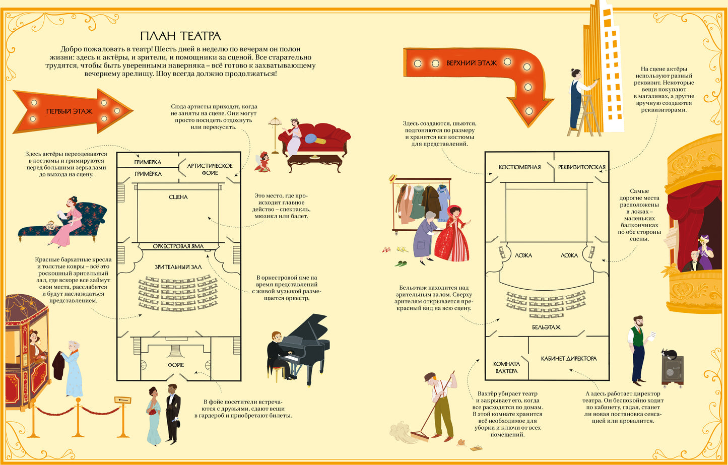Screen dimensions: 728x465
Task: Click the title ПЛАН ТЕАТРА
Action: click(x=181, y=36)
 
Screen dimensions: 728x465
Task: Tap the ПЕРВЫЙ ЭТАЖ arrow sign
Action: click(x=72, y=111)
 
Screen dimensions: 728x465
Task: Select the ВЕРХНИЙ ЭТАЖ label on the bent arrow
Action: click(x=471, y=63)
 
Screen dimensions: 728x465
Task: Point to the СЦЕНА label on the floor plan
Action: click(x=178, y=197)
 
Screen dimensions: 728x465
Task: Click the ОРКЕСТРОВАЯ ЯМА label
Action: click(x=178, y=246)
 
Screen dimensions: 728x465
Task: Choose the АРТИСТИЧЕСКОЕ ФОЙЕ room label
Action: click(x=210, y=169)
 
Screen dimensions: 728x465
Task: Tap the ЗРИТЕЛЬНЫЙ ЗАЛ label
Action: click(x=178, y=267)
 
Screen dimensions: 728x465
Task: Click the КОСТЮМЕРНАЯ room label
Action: click(x=519, y=167)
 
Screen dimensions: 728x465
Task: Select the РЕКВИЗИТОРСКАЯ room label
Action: click(x=582, y=167)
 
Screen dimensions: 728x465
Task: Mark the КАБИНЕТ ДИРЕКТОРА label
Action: click(x=569, y=359)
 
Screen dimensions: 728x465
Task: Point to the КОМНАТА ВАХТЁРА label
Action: click(x=506, y=367)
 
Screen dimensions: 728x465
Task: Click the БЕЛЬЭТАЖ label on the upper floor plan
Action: click(x=546, y=327)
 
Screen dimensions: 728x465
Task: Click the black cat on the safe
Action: click(x=669, y=353)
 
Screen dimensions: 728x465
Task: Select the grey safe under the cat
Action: click(x=672, y=372)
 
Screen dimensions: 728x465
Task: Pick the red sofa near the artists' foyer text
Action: click(x=314, y=139)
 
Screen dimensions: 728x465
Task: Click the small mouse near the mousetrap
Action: click(x=461, y=442)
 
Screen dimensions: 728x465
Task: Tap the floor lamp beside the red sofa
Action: click(x=275, y=135)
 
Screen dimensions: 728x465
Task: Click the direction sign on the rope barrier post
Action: click(x=122, y=401)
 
